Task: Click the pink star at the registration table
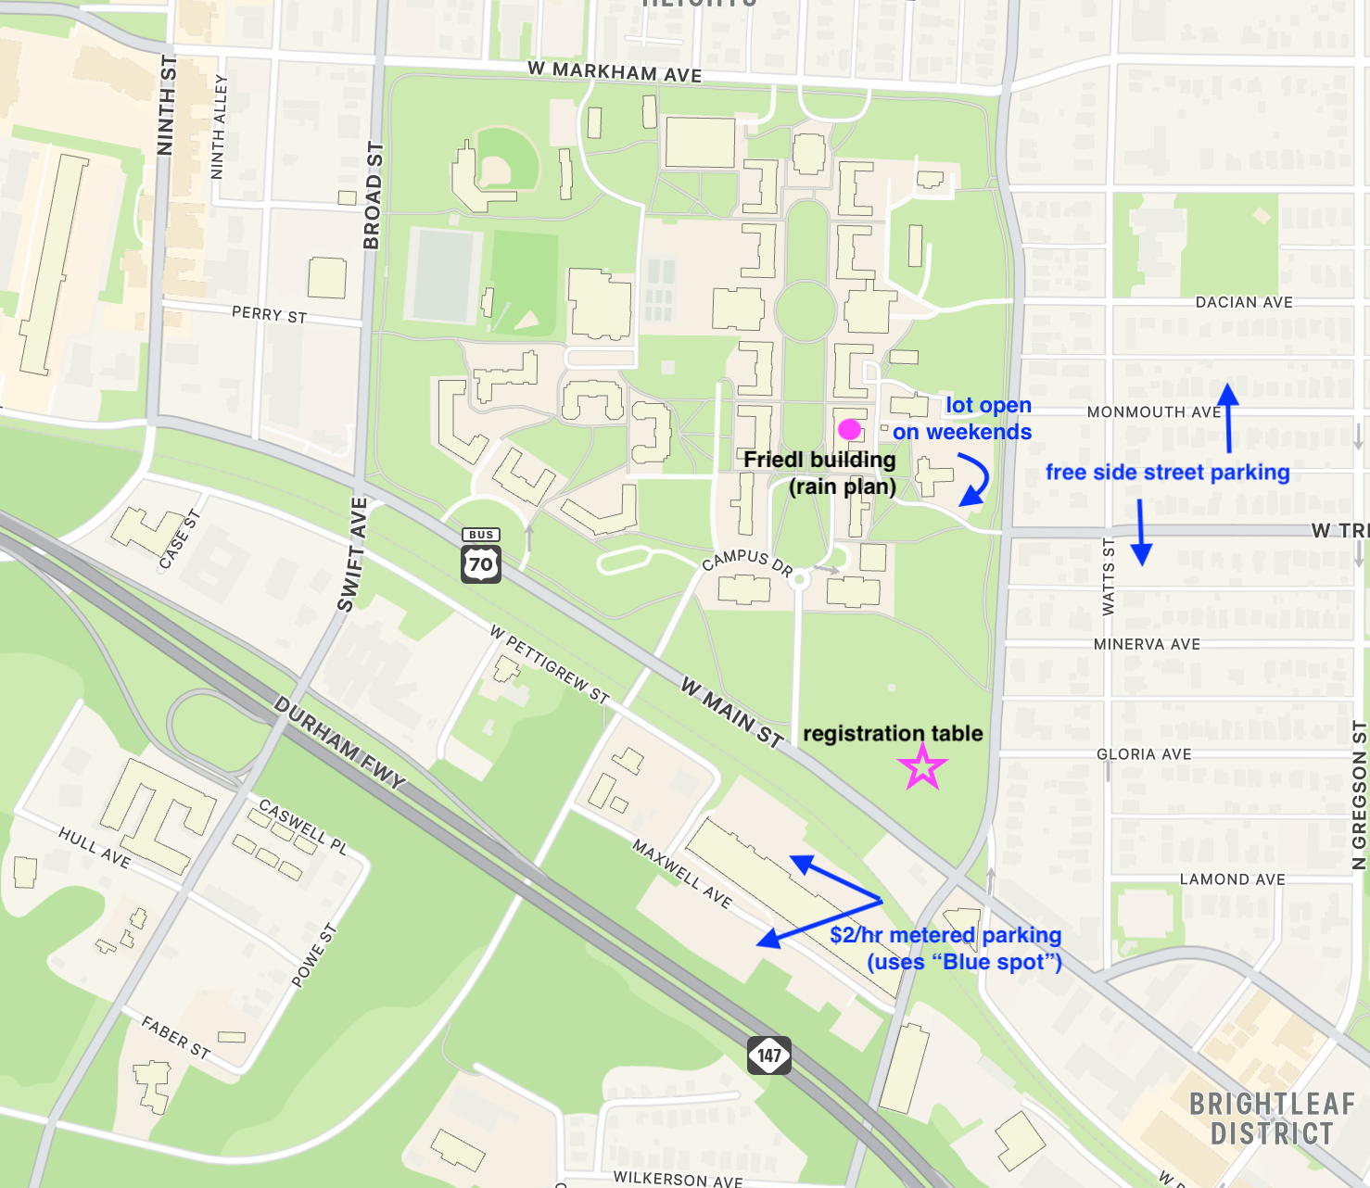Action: (x=922, y=768)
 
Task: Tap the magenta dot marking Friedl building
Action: (x=849, y=429)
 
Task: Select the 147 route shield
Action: (x=769, y=1055)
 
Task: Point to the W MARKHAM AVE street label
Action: (x=615, y=72)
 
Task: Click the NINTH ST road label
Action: (x=167, y=104)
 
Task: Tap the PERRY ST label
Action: (x=269, y=315)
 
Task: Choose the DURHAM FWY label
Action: (x=340, y=743)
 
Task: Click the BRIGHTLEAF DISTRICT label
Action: (x=1272, y=1118)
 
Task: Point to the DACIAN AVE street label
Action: (x=1244, y=302)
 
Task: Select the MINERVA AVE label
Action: (x=1147, y=644)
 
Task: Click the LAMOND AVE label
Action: (x=1232, y=879)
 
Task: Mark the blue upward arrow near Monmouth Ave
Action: (x=1228, y=418)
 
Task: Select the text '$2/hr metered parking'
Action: (x=945, y=934)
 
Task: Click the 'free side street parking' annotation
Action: (x=1167, y=472)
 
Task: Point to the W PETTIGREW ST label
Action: (x=550, y=664)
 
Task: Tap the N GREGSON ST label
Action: (x=1359, y=796)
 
